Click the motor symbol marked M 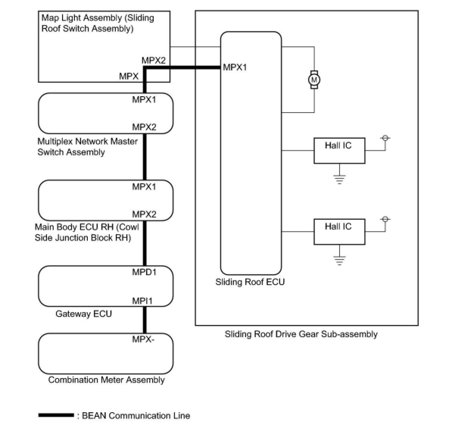[314, 80]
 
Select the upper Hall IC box [339, 150]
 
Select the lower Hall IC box [339, 232]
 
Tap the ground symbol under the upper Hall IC [339, 179]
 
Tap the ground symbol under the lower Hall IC [339, 260]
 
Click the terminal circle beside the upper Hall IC [385, 138]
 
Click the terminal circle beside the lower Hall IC [385, 219]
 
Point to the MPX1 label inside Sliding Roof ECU [235, 67]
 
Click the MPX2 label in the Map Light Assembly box [153, 61]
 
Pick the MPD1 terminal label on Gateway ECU [144, 272]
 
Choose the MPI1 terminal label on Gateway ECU [142, 301]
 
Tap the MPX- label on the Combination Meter [143, 339]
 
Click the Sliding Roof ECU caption [250, 282]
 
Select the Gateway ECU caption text [84, 314]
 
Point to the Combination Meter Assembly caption [106, 380]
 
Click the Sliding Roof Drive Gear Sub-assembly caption [301, 334]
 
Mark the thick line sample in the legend [56, 416]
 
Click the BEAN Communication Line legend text [136, 416]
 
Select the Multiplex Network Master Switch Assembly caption [87, 147]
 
